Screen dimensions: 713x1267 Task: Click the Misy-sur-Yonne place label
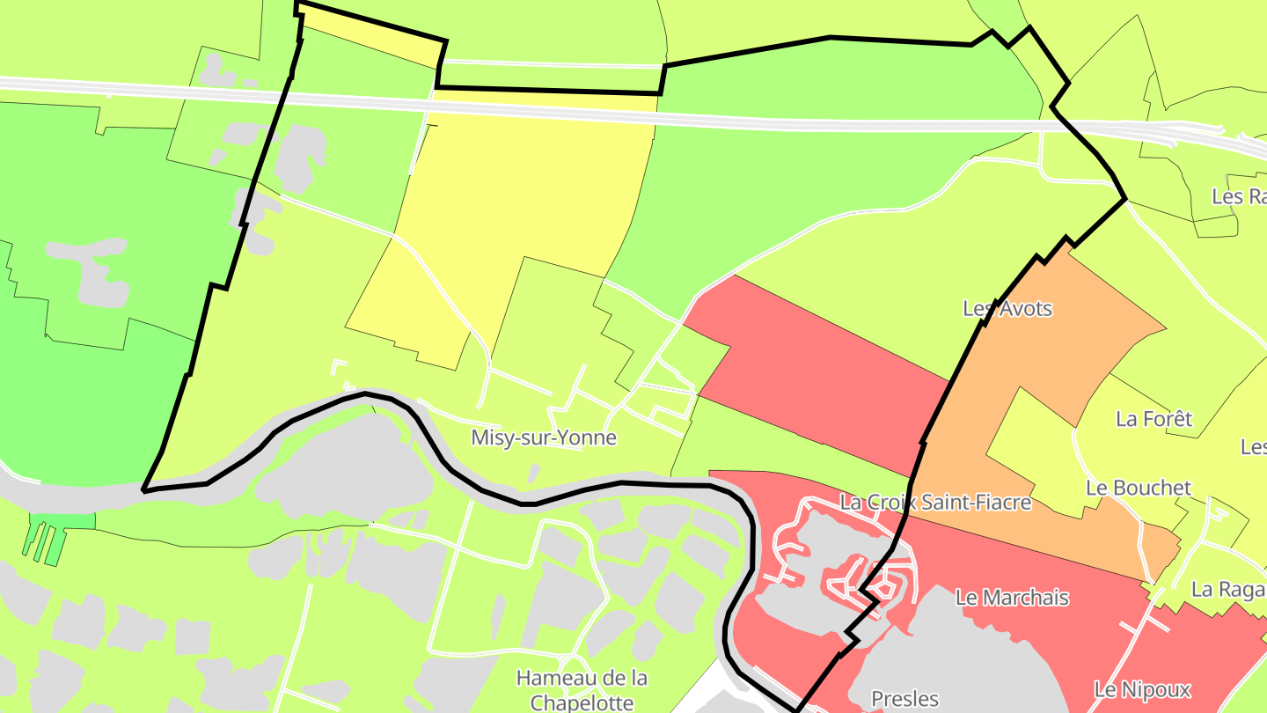point(544,437)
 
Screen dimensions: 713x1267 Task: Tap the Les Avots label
point(1007,309)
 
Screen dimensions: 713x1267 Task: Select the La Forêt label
point(1153,418)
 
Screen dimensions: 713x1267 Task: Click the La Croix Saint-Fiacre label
point(935,503)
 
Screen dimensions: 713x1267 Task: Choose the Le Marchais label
point(1012,598)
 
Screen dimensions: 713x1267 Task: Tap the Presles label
point(904,699)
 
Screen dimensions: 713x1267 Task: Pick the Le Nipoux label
point(1142,689)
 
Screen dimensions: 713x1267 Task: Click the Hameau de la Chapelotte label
point(582,690)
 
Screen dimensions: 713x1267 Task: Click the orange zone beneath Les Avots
point(1082,334)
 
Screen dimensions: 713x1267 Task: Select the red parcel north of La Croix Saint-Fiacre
point(818,370)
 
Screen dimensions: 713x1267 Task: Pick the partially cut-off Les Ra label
point(1239,196)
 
